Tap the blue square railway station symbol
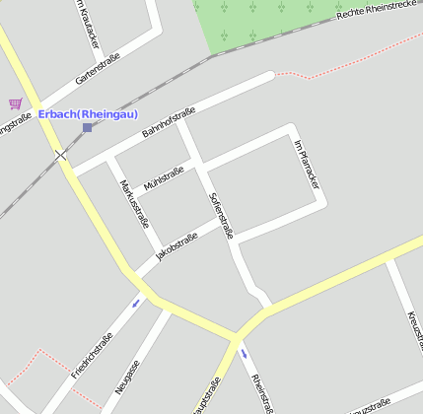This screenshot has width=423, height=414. (x=87, y=127)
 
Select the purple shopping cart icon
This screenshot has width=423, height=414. (x=15, y=103)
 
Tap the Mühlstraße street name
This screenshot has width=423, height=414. (x=164, y=177)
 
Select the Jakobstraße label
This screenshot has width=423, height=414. (x=176, y=247)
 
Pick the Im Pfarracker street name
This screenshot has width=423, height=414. (x=307, y=164)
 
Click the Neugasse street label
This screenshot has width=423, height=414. (x=127, y=376)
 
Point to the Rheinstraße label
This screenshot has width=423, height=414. (x=259, y=392)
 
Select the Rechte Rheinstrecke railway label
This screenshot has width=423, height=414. (x=379, y=11)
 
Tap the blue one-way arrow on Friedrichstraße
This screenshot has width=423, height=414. (x=136, y=301)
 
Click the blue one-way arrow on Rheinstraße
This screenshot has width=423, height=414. (x=244, y=354)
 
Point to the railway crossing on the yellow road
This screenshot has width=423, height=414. (x=61, y=155)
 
